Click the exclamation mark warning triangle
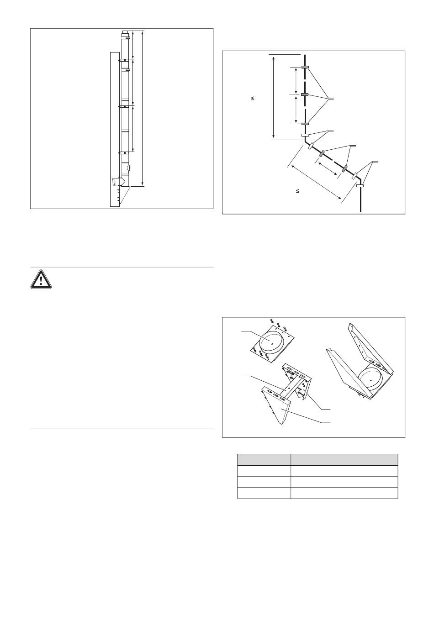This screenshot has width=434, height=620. pos(41,278)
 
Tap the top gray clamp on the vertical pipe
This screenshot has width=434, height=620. pos(305,68)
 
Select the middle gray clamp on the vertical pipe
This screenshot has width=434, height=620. pos(305,95)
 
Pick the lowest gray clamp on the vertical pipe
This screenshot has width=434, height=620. pos(305,124)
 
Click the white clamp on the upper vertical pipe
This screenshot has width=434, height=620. pos(305,135)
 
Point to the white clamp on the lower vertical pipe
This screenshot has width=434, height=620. pos(360,186)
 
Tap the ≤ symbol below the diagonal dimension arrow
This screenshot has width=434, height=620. pos(297,191)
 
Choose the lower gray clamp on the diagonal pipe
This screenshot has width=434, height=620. pos(345,169)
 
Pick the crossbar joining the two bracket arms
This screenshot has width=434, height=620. pos(287,388)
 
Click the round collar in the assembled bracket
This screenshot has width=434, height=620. pos(370,379)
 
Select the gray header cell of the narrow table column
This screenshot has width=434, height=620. pos(264,459)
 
